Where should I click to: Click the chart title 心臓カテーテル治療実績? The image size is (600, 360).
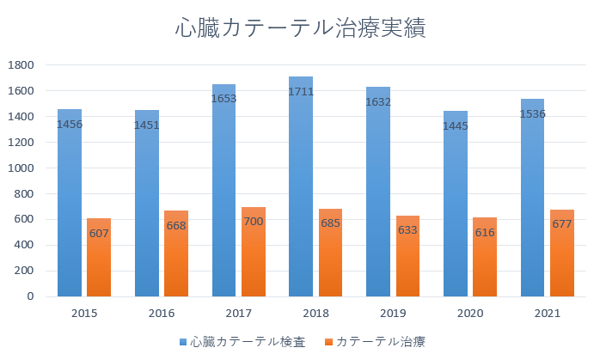(x=300, y=28)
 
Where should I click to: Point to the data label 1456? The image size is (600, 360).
(x=70, y=125)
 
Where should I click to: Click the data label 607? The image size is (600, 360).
(x=99, y=234)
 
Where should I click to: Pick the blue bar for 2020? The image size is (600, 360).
(x=456, y=215)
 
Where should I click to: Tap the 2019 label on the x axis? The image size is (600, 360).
(x=393, y=314)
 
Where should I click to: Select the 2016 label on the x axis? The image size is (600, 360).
(x=162, y=314)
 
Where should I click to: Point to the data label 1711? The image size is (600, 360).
(x=301, y=92)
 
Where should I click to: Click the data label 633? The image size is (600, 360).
(x=407, y=230)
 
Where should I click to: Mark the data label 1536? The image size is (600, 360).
(x=532, y=114)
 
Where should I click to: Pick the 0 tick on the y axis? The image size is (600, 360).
(x=29, y=297)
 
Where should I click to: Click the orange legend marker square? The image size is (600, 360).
(x=328, y=342)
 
